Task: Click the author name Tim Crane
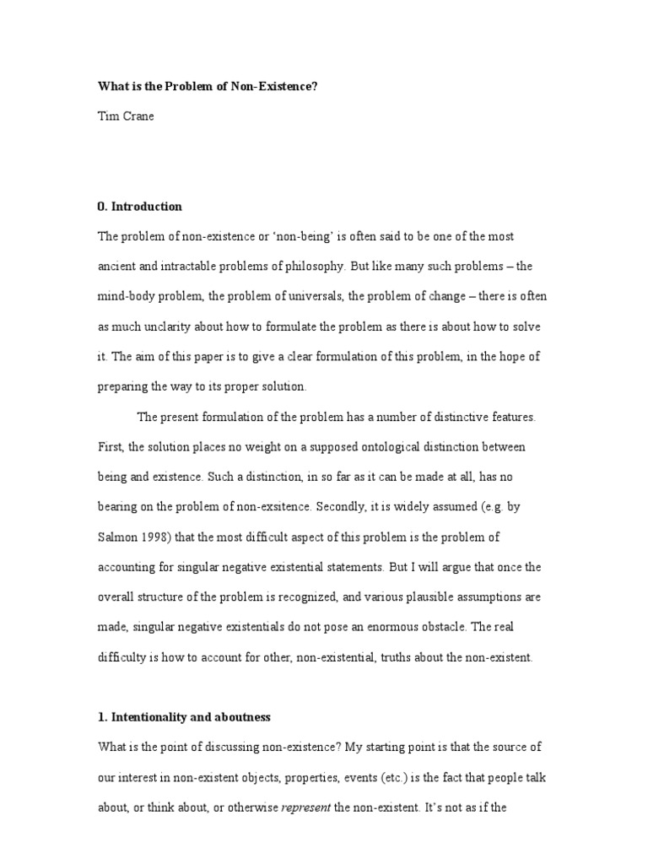click(127, 117)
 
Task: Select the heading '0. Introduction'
click(139, 206)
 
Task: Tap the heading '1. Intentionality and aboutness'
click(185, 717)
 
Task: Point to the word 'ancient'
click(119, 266)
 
